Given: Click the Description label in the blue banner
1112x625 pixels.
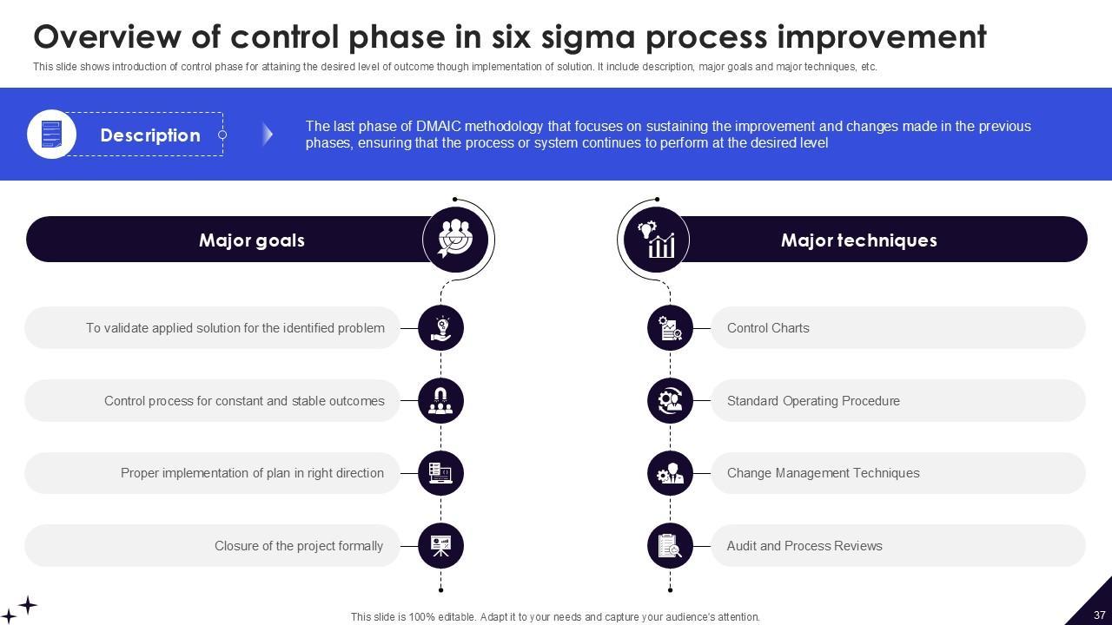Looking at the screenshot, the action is [150, 135].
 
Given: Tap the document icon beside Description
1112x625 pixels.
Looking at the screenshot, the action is [52, 135].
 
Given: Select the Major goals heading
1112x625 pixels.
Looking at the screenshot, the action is [251, 240].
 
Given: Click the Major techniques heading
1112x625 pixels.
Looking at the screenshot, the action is [858, 240].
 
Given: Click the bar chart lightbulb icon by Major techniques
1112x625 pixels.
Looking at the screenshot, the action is [657, 240].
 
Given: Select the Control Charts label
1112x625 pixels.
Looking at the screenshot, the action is [768, 328].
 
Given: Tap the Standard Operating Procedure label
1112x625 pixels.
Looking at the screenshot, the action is [813, 401].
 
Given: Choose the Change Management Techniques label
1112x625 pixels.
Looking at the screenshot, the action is [823, 473].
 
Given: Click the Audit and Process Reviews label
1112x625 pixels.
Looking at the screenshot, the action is [804, 546].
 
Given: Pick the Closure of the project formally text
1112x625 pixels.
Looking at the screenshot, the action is [299, 546].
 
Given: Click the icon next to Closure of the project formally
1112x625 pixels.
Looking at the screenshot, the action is [440, 546].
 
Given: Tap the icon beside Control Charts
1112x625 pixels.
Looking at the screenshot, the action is [670, 328].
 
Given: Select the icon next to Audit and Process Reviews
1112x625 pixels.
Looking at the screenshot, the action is [670, 546].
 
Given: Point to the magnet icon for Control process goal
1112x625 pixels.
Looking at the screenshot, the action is [440, 401].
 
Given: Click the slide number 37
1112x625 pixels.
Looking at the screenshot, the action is [1099, 615].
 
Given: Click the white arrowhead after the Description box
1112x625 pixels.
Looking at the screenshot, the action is [268, 134].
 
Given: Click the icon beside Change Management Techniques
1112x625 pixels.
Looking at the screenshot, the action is [670, 473].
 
